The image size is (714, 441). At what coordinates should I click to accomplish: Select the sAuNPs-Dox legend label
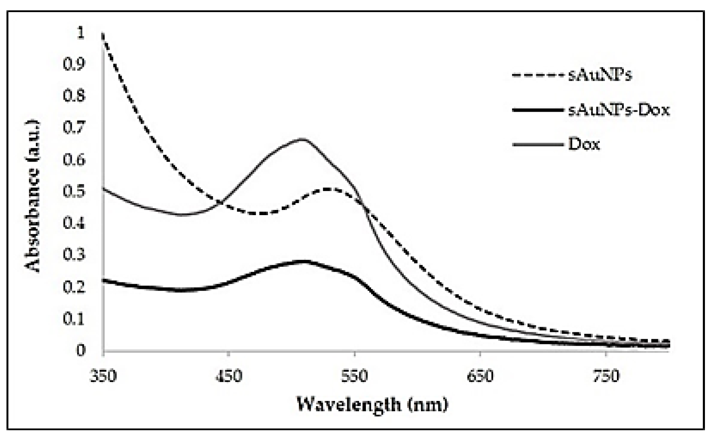(x=619, y=110)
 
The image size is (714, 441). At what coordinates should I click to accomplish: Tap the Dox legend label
(x=584, y=144)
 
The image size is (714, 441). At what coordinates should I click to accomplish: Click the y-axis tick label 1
(x=80, y=33)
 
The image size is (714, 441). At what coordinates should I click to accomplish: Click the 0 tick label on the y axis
(x=81, y=350)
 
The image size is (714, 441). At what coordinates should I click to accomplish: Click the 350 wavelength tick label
(x=103, y=376)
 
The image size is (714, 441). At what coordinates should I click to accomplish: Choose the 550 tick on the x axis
(x=354, y=376)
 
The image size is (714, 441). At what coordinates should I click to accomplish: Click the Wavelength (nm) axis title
(x=372, y=404)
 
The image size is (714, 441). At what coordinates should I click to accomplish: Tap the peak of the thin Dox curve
(x=302, y=139)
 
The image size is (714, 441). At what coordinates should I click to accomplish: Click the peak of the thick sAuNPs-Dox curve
(x=303, y=261)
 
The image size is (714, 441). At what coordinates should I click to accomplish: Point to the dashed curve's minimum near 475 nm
(x=261, y=213)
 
